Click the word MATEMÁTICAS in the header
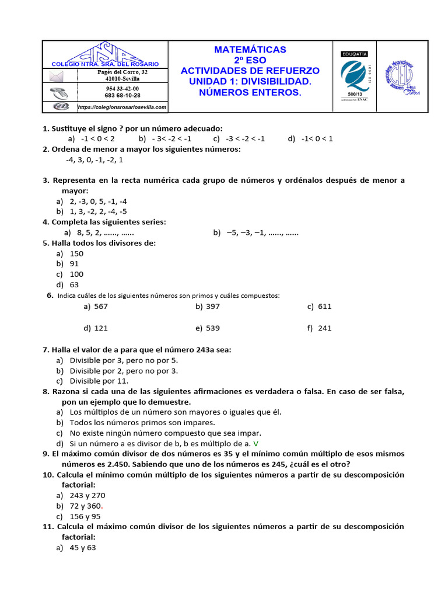(x=250, y=50)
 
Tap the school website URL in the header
(x=122, y=107)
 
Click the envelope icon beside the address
(x=56, y=77)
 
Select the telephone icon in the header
(x=57, y=92)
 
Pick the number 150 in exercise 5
(x=77, y=254)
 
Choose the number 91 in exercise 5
(x=75, y=264)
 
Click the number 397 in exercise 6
(x=212, y=307)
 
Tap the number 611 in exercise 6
(x=325, y=307)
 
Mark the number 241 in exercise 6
(x=325, y=328)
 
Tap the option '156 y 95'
(x=85, y=516)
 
